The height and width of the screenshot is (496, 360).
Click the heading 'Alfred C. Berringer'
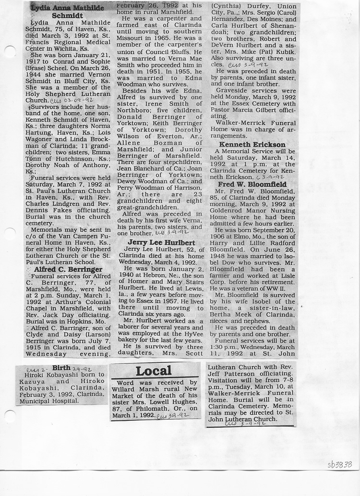(68, 269)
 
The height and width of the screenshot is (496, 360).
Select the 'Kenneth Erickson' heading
(252, 145)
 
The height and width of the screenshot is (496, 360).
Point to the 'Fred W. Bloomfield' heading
(252, 184)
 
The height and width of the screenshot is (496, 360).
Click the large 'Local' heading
(153, 371)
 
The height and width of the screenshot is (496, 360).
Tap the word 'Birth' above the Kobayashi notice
(61, 368)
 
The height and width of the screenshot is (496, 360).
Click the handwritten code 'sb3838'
(340, 464)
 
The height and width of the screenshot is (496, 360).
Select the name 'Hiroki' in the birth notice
(34, 375)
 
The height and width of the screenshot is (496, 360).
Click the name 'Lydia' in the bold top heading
(42, 8)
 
